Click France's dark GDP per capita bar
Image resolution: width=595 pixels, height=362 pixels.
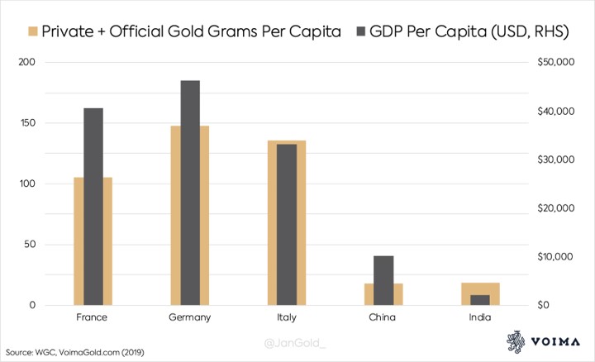click(93, 207)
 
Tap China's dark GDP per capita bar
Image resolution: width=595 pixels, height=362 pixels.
click(383, 280)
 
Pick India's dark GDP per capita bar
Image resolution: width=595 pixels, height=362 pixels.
click(479, 300)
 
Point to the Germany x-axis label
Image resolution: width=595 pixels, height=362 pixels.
click(190, 317)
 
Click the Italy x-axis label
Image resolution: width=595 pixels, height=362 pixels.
click(287, 317)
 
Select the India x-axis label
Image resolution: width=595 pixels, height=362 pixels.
click(479, 317)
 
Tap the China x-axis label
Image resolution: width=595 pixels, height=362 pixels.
click(383, 317)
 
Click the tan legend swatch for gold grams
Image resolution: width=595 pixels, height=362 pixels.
click(33, 32)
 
